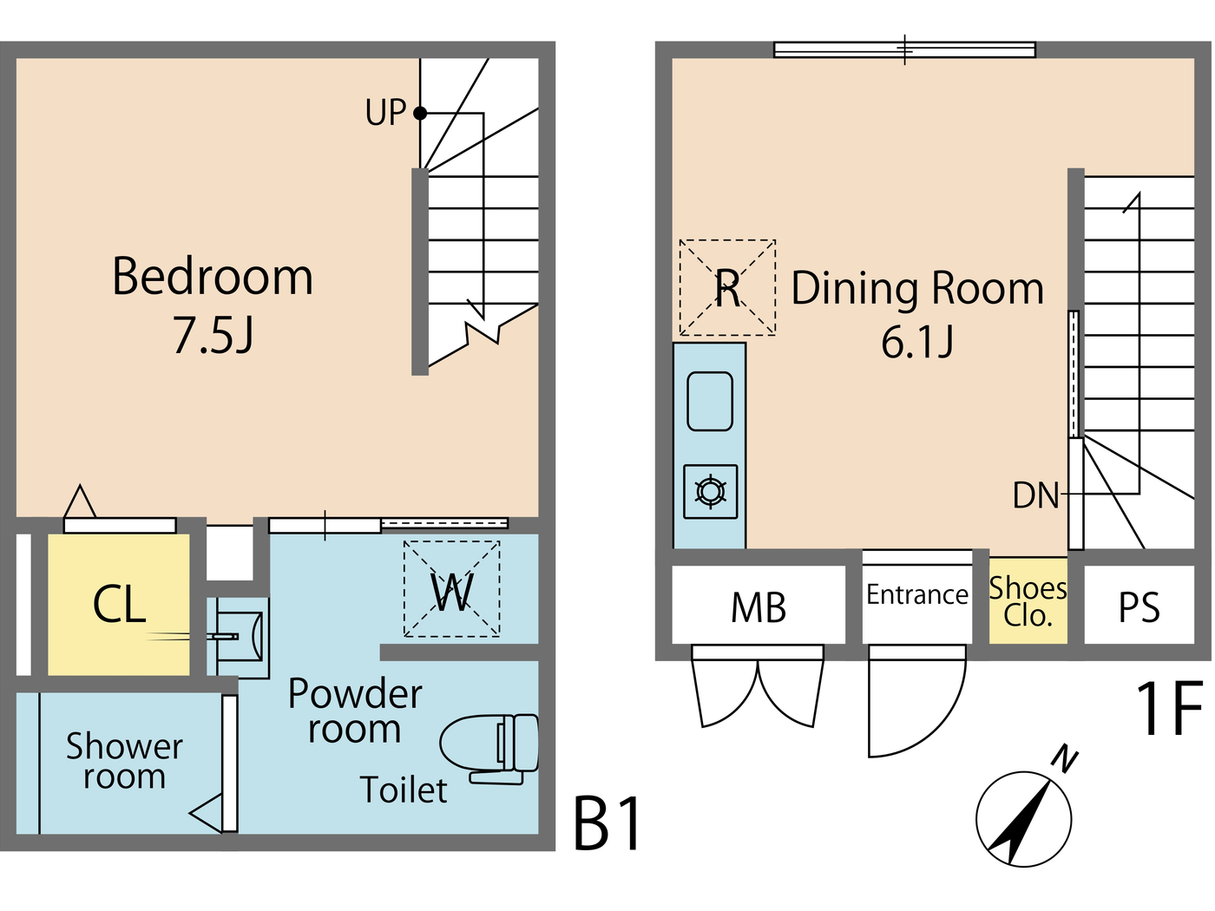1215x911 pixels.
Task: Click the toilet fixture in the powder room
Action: pos(490,745)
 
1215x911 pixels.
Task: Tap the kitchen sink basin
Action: pos(710,401)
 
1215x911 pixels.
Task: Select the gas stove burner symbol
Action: pos(711,492)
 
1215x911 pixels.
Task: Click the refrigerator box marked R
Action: pos(727,287)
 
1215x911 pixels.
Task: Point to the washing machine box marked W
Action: pos(451,589)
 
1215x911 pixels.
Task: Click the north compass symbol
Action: pos(1025,817)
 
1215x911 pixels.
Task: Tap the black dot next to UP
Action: pos(420,113)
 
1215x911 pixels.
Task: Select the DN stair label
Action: pos(1036,495)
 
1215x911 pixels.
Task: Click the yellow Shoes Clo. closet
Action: pos(1028,601)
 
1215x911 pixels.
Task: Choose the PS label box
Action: pos(1139,606)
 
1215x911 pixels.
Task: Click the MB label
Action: pos(759,607)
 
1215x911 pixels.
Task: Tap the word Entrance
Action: pos(917,594)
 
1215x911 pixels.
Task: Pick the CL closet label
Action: pos(119,605)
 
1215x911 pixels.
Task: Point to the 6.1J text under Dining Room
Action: pos(917,341)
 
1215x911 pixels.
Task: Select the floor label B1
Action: pos(607,823)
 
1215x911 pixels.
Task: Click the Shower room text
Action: pos(124,761)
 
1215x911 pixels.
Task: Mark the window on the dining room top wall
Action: pos(904,49)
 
